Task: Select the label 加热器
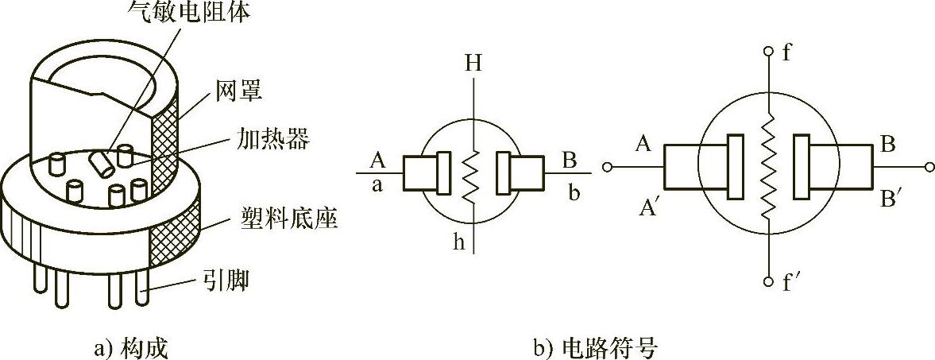(272, 140)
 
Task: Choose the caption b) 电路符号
(596, 347)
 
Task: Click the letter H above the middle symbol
(473, 64)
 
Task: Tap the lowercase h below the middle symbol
(459, 242)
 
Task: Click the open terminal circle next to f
(767, 52)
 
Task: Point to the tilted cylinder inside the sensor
(101, 163)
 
